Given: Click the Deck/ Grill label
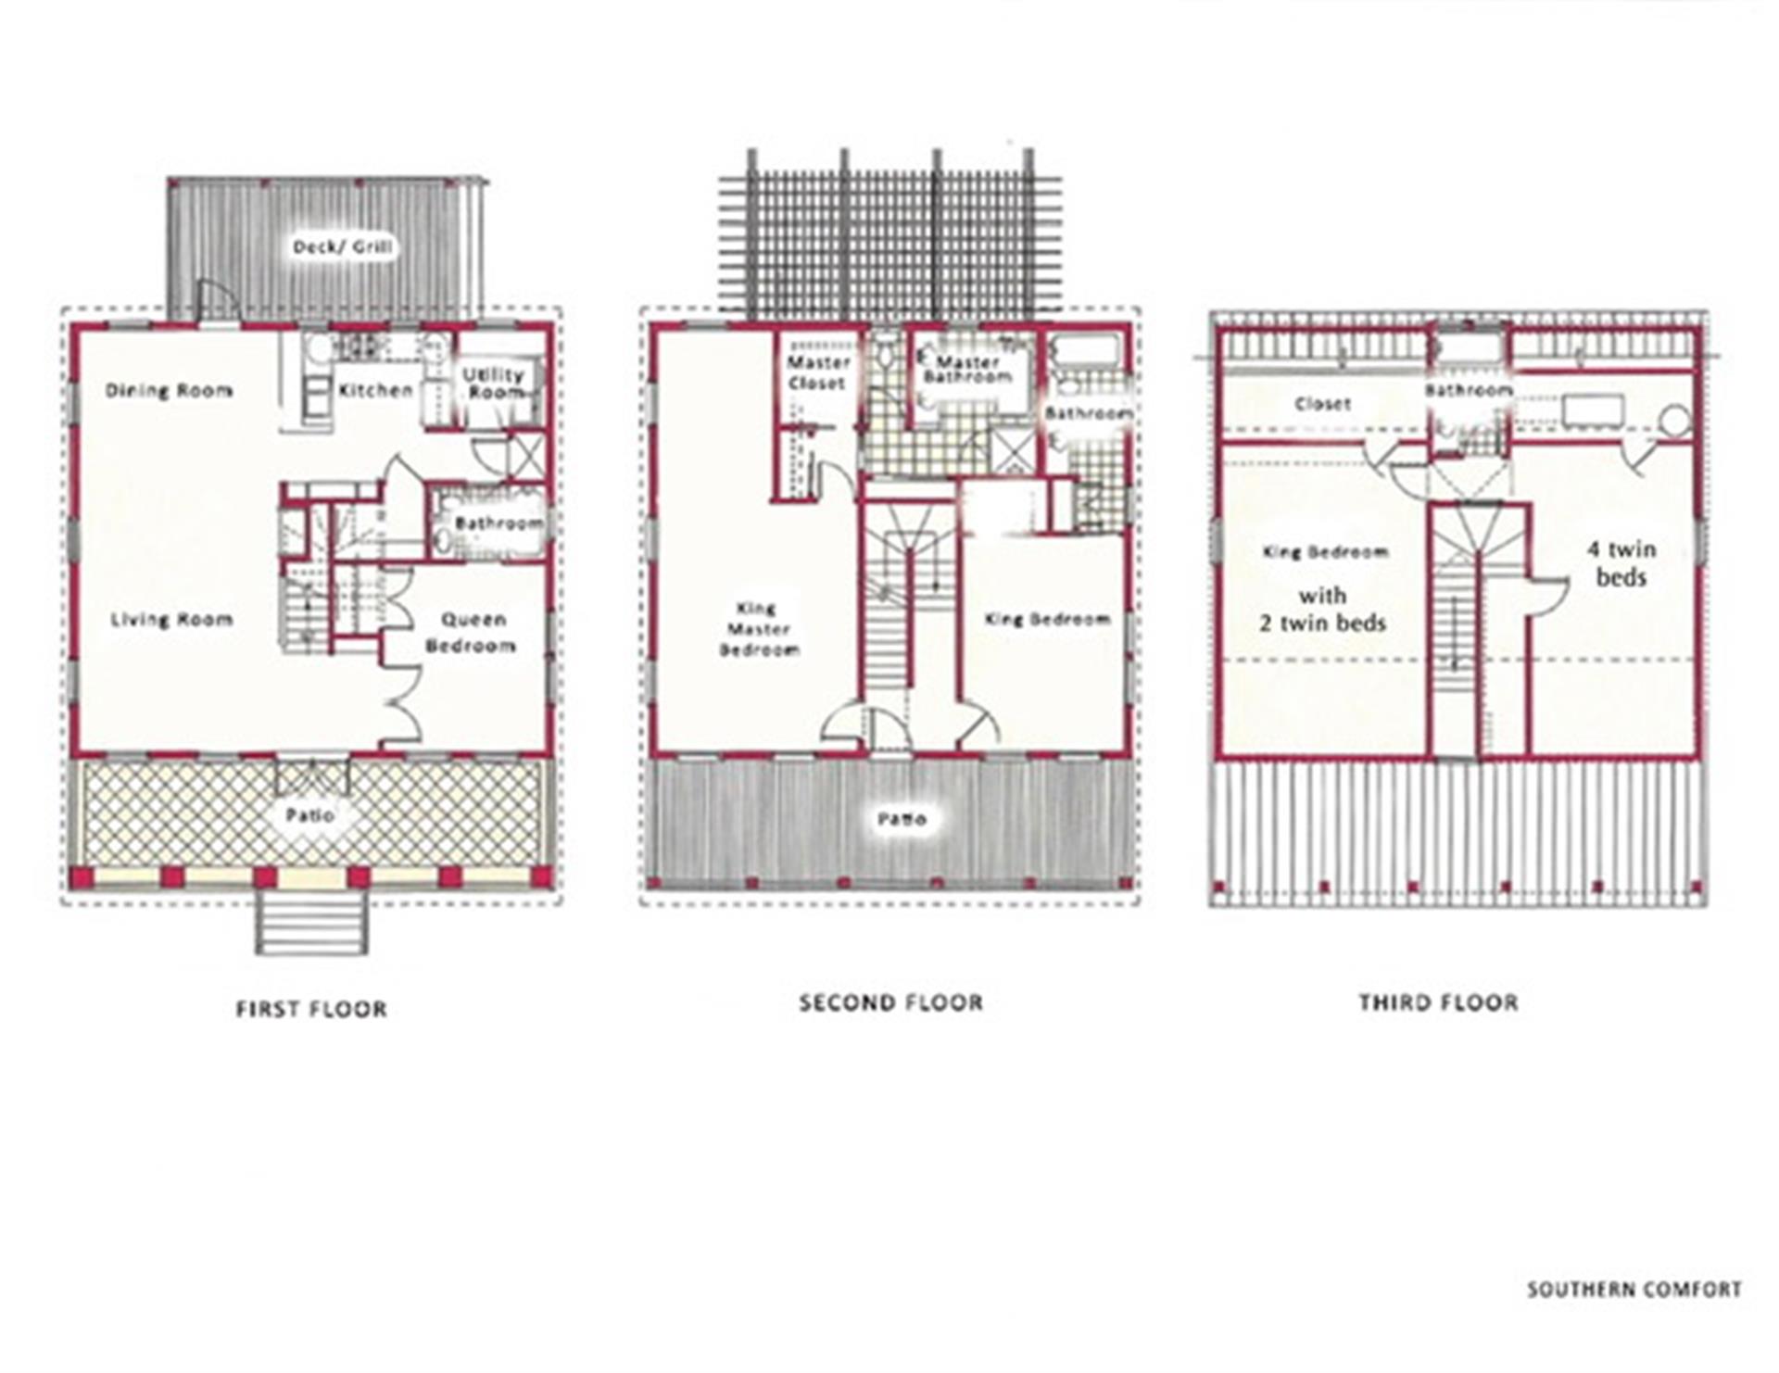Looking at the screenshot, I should coord(343,247).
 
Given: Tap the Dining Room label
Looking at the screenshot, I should coord(169,391).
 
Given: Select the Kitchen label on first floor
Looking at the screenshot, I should coord(375,391).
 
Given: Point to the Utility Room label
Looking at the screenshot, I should coord(494,383).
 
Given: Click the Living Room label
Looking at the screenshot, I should coord(171,620).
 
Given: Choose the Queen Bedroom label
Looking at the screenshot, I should coord(472,633).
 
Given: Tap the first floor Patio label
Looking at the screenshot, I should coord(310,816).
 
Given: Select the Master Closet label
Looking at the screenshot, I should coord(818,372).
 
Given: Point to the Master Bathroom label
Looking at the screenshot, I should coord(967,370).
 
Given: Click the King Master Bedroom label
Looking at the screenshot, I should coord(759,629).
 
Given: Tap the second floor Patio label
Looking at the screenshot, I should coord(902,820).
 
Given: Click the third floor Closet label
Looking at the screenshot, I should coord(1322,404).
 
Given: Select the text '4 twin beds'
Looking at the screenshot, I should coord(1621,563).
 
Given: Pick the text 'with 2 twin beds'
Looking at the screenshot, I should coord(1322,610).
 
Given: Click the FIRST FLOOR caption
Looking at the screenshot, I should coord(311,1010).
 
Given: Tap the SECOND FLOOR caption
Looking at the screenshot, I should coord(891,1003).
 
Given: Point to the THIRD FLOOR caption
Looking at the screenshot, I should coord(1439,1003).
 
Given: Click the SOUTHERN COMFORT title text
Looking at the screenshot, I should coord(1634,1290).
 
